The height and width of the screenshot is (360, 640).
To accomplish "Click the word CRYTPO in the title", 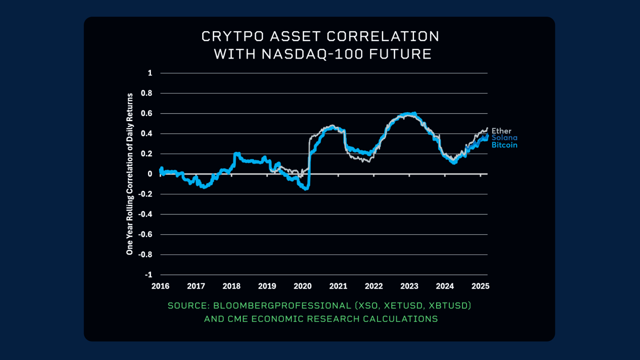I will pos(233,37).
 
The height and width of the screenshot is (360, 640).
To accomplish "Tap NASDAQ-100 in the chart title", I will pos(312,54).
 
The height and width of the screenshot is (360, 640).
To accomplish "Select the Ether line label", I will pos(501,131).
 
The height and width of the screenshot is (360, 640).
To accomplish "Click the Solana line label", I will pos(504,138).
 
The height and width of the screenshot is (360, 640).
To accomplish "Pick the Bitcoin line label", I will pos(504,145).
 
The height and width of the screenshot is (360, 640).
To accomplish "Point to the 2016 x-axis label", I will pos(160,286).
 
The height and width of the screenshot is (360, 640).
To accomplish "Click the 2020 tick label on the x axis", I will pos(302,286).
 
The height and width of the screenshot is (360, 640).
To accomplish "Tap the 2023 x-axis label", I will pos(409,286).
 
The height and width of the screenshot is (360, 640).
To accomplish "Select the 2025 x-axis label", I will pos(480,286).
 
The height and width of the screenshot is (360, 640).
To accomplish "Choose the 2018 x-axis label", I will pos(231,286).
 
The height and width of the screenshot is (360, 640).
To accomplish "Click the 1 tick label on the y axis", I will pos(150,73).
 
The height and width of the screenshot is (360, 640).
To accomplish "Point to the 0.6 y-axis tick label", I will pos(146,113).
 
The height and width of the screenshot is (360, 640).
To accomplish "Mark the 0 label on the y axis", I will pos(150,174).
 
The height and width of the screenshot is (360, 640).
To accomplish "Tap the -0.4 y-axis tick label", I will pos(145,214).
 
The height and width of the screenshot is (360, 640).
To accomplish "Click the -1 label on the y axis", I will pos(148,275).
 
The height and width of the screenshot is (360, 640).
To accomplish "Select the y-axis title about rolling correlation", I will pos(130,174).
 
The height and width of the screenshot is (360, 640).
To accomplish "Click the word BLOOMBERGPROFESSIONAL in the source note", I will pos(282,306).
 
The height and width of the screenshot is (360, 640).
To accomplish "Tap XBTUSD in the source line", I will pos(450,306).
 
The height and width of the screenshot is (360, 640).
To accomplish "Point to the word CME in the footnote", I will pos(238,319).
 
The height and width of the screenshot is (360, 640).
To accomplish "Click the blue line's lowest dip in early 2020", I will pos(306,189).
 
